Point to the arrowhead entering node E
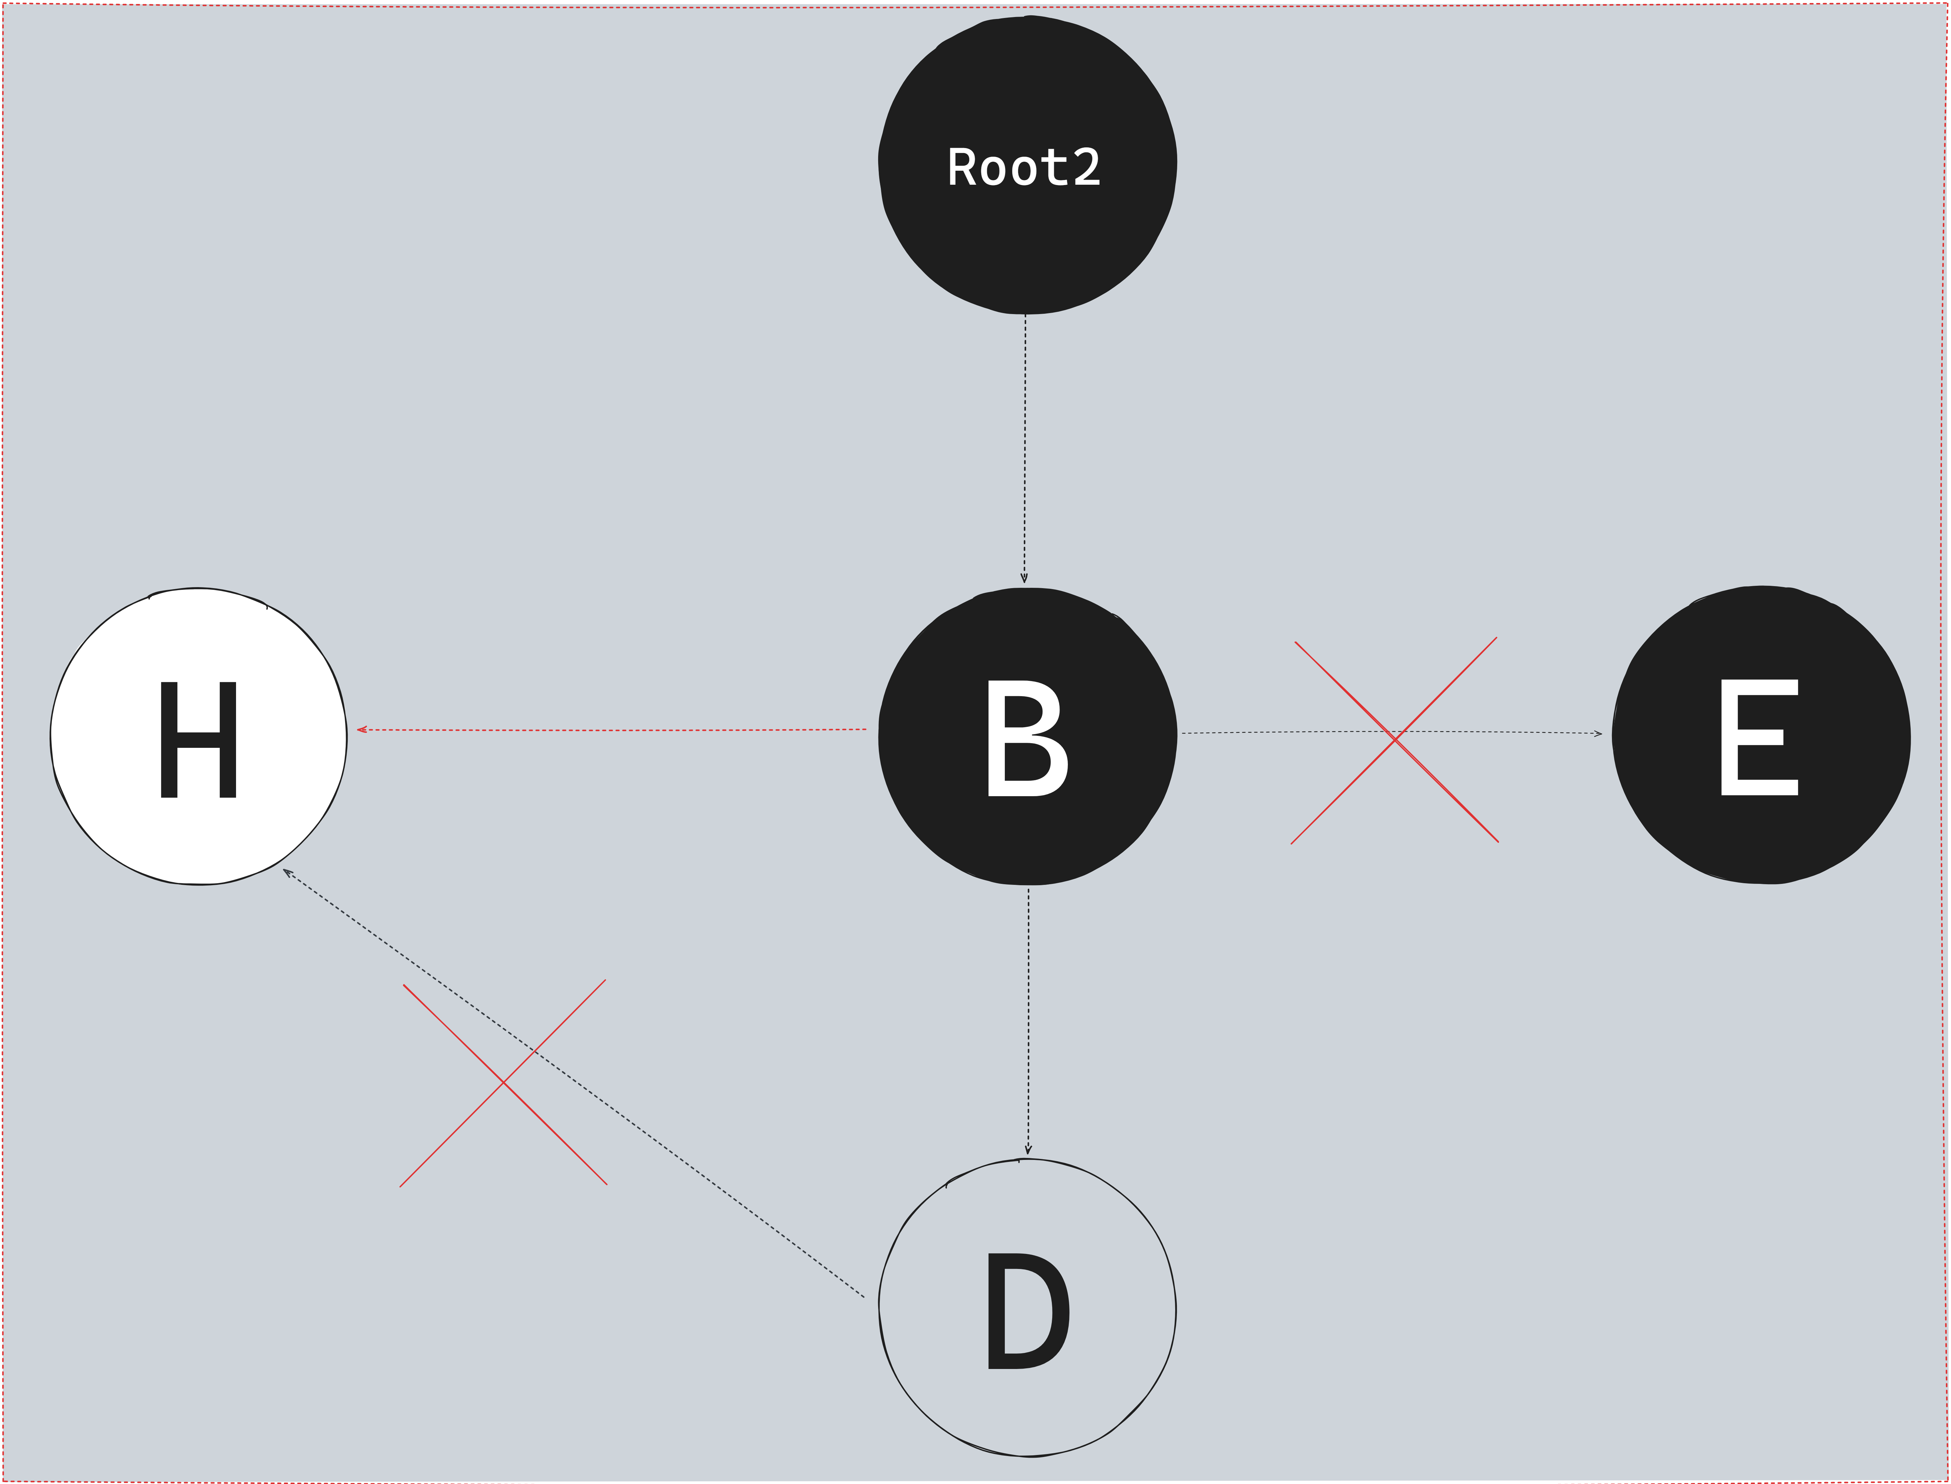click(x=1598, y=733)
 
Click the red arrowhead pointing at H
click(x=361, y=729)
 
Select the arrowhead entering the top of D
click(x=1028, y=1150)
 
